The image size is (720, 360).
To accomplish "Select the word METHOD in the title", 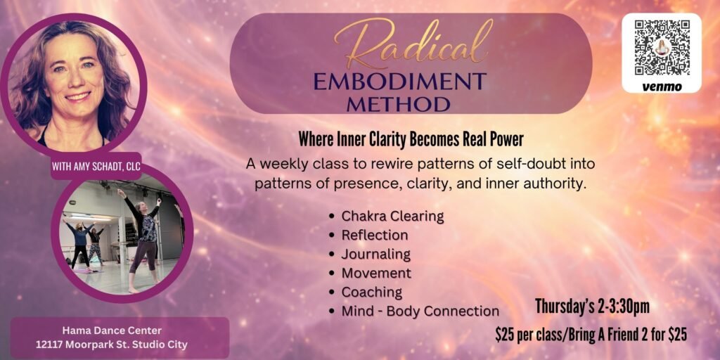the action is (x=398, y=104).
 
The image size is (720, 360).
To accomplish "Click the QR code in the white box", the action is (x=662, y=47).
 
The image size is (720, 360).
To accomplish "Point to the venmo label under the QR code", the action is (x=662, y=86).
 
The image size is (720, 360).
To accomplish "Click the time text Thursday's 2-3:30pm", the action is (x=592, y=307).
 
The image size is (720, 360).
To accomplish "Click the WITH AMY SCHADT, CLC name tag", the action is (x=96, y=166).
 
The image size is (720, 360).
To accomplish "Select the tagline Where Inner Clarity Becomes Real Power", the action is (x=411, y=140).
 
